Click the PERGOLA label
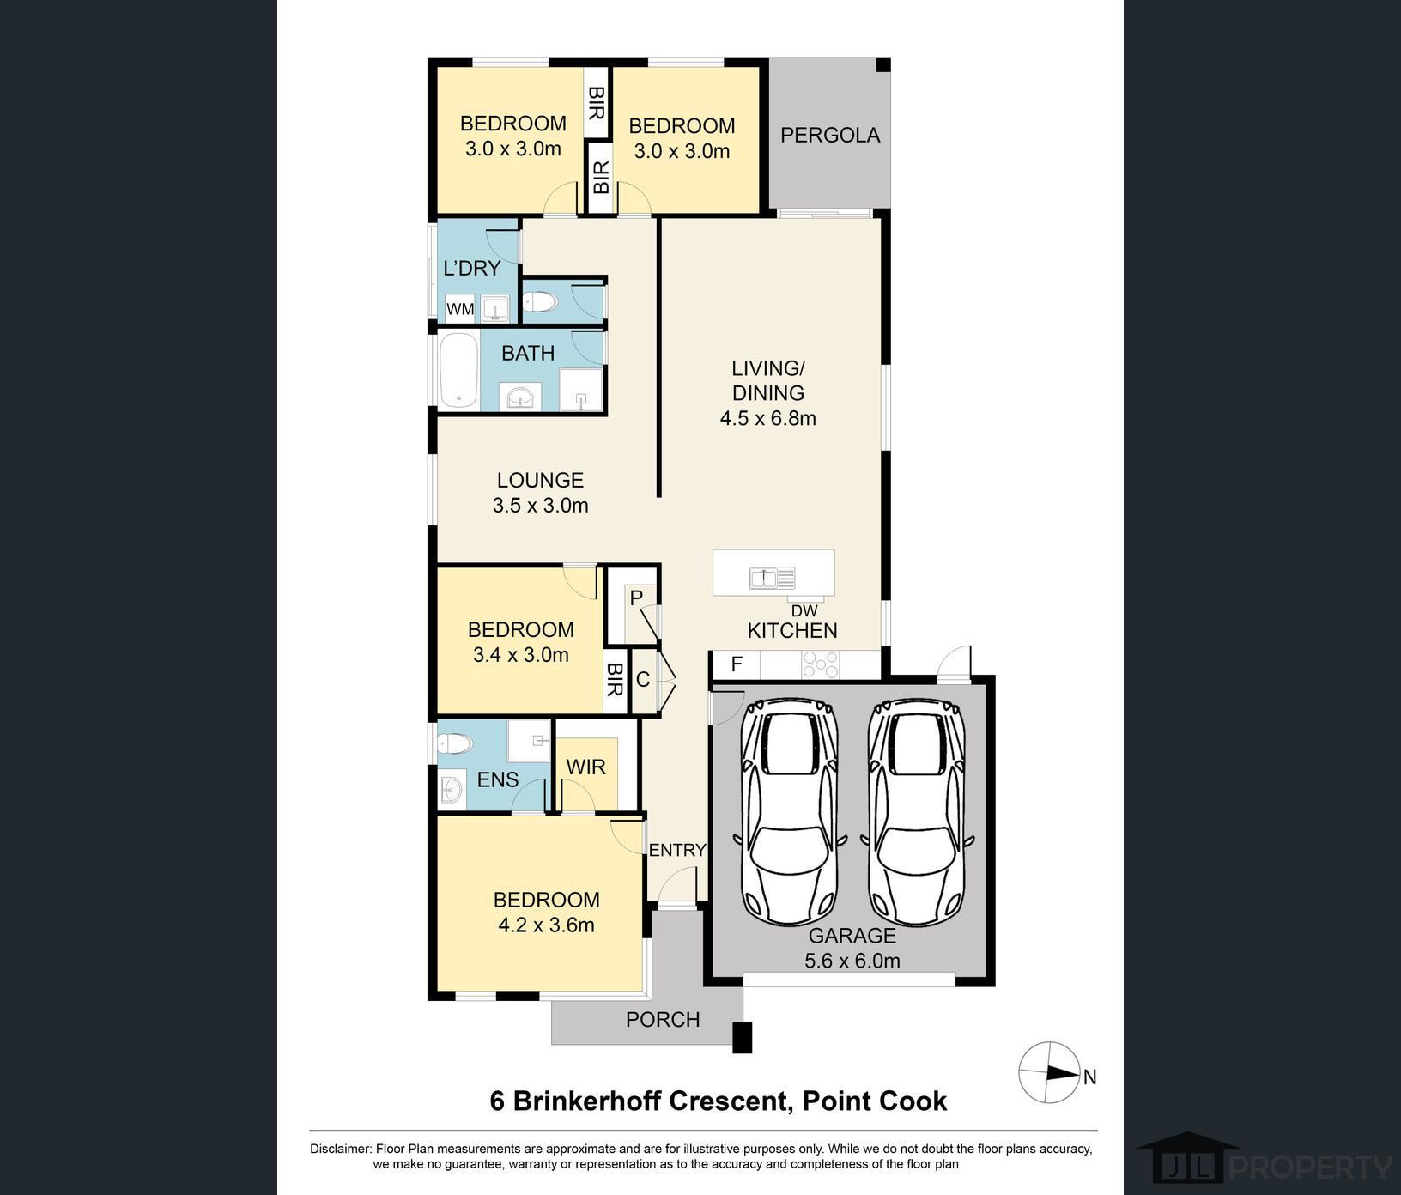tap(830, 135)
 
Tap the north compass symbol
tap(1049, 1073)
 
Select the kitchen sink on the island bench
tap(773, 578)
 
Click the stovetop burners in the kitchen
tap(820, 664)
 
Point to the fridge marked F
tap(736, 664)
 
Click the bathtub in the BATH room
tap(458, 370)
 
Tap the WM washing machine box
tap(460, 309)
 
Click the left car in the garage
tap(790, 811)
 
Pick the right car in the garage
tap(916, 811)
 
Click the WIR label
tap(585, 767)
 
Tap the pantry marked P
tap(636, 597)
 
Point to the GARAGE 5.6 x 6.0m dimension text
tap(852, 961)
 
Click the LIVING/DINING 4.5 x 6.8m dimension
tap(767, 418)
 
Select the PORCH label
tap(663, 1019)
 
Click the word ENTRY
tap(677, 850)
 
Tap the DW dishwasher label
tap(804, 611)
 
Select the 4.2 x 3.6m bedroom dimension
tap(547, 925)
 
